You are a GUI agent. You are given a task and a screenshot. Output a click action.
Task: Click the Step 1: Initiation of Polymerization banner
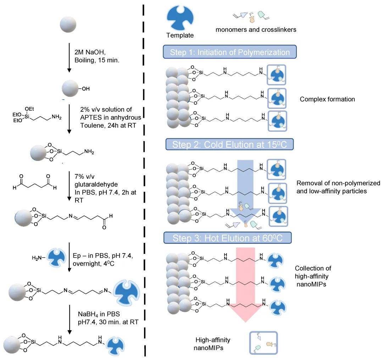[229, 52]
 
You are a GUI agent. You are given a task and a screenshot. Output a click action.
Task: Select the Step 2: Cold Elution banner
[229, 144]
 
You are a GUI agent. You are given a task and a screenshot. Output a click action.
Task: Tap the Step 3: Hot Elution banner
[227, 238]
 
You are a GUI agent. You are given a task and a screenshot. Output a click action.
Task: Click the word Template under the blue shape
[180, 35]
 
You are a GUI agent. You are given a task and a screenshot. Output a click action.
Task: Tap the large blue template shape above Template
[180, 18]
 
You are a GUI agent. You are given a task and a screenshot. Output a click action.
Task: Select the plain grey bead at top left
[68, 24]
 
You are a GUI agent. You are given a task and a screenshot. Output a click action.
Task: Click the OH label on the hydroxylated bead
[85, 89]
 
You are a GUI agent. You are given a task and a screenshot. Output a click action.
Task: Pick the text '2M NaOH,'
[90, 52]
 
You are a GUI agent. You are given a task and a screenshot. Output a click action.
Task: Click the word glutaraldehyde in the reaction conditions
[96, 184]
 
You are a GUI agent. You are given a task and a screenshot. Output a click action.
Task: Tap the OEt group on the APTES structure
[29, 109]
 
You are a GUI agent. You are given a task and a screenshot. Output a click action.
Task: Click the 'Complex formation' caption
[327, 99]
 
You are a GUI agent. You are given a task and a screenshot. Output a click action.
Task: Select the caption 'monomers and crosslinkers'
[256, 29]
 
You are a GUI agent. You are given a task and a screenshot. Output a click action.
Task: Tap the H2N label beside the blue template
[38, 258]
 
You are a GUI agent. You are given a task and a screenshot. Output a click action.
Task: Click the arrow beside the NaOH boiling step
[69, 58]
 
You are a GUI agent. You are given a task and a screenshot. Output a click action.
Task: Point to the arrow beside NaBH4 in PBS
[70, 320]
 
